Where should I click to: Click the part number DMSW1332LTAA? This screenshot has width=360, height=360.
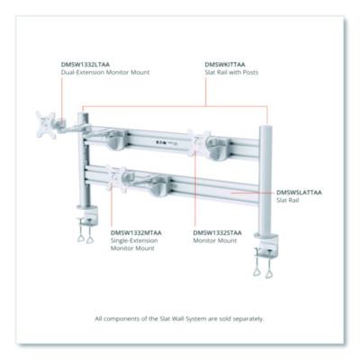pyautogui.click(x=85, y=65)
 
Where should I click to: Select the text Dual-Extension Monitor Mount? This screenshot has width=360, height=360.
pyautogui.click(x=105, y=72)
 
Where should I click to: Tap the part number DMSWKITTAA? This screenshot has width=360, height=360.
pyautogui.click(x=225, y=65)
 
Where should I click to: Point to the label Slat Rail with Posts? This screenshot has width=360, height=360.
pyautogui.click(x=231, y=72)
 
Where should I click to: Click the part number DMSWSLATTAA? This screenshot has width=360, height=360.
pyautogui.click(x=299, y=193)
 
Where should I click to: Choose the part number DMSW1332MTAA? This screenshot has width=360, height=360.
pyautogui.click(x=136, y=233)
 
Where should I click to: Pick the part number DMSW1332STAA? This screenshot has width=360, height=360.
pyautogui.click(x=218, y=233)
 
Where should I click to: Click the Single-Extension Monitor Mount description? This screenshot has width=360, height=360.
pyautogui.click(x=134, y=244)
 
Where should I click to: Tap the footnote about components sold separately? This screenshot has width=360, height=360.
pyautogui.click(x=179, y=319)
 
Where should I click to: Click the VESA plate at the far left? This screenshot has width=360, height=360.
pyautogui.click(x=46, y=124)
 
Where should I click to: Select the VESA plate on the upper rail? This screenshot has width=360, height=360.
pyautogui.click(x=198, y=143)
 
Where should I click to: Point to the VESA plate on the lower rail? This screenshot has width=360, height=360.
pyautogui.click(x=116, y=179)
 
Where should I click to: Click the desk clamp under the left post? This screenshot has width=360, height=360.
pyautogui.click(x=86, y=223)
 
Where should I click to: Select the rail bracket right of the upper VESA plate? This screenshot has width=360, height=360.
pyautogui.click(x=220, y=148)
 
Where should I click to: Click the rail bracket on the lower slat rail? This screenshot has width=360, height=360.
pyautogui.click(x=160, y=186)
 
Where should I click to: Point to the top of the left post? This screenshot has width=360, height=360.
pyautogui.click(x=83, y=115)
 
